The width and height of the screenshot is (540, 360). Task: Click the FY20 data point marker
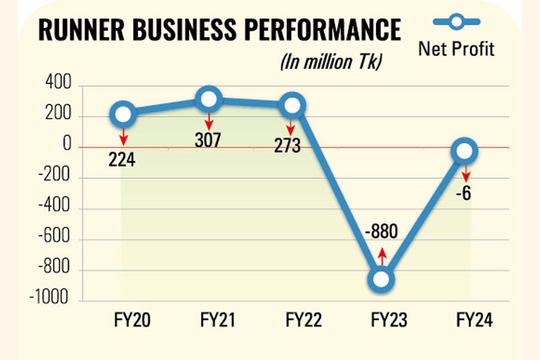point(123,113)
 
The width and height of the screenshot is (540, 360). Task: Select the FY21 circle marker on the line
point(209,100)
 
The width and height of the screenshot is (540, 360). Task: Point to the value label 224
point(123,161)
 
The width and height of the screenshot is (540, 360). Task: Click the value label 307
point(208,140)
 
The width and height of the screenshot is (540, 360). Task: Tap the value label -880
point(380,231)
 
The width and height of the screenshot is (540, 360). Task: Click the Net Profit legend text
point(456,49)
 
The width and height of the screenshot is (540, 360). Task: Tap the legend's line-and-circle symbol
point(456,23)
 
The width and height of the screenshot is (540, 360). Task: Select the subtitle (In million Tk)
point(331,62)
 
